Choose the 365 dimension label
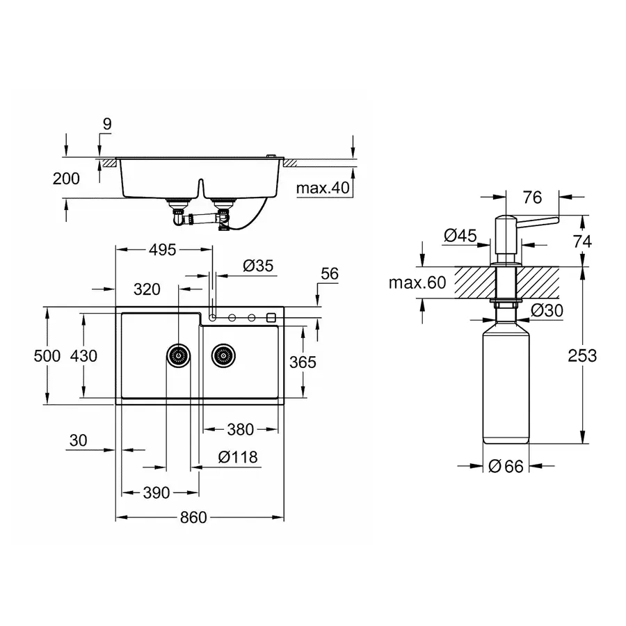tap(303, 362)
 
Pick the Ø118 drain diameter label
tap(238, 457)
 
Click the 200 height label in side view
tap(66, 179)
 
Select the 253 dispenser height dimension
tap(581, 355)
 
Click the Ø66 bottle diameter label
tap(505, 467)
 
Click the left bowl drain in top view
tap(178, 355)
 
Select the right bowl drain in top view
tap(224, 355)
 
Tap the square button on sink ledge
tap(271, 318)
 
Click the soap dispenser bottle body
tap(506, 390)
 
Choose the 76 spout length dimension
tap(532, 198)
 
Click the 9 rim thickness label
tap(106, 124)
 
